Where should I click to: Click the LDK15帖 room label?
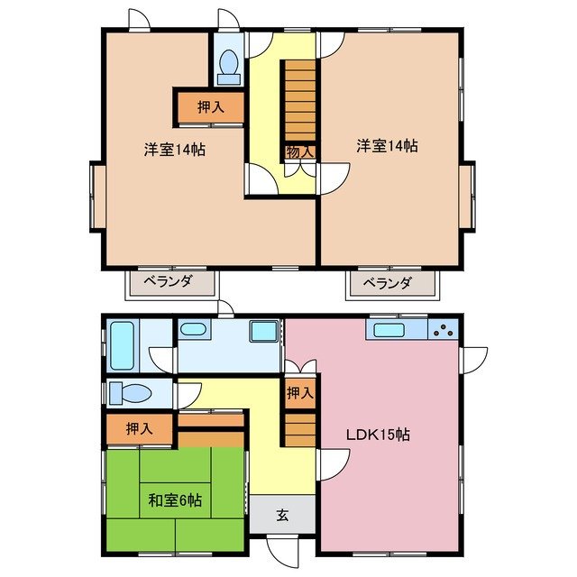pos(379,435)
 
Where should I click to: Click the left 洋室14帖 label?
pos(175,149)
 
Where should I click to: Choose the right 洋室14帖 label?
pos(386,144)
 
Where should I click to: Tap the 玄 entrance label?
pos(282,516)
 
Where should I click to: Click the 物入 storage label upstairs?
pos(299,151)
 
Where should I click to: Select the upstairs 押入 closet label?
pos(210,107)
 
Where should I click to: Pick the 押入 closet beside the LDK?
pos(300,393)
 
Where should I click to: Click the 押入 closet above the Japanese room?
pos(139,429)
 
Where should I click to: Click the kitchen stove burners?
pos(444,329)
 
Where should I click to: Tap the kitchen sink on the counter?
pos(390,329)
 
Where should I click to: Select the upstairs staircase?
pos(299,99)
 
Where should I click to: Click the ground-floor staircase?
pos(300,424)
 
